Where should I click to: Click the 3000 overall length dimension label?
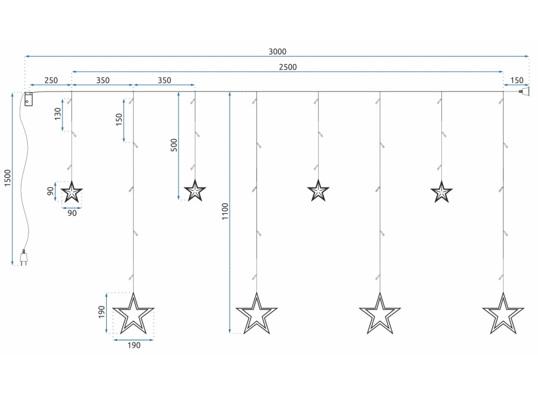[277, 52]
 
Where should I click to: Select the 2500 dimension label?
[287, 67]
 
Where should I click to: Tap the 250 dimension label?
[50, 81]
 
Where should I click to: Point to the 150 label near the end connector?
[516, 81]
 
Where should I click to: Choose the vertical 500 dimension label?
[173, 145]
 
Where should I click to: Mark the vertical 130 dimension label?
[57, 113]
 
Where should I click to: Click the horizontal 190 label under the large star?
[133, 345]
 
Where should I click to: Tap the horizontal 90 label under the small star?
[72, 213]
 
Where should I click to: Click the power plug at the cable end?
[24, 258]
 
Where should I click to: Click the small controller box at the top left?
[28, 100]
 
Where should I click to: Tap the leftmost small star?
[72, 192]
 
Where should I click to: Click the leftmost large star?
[133, 314]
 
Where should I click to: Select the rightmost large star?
[503, 314]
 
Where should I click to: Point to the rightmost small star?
[442, 192]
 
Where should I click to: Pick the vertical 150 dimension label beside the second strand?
[119, 119]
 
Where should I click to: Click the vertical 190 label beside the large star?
[101, 313]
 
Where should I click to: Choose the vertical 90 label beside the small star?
[50, 191]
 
